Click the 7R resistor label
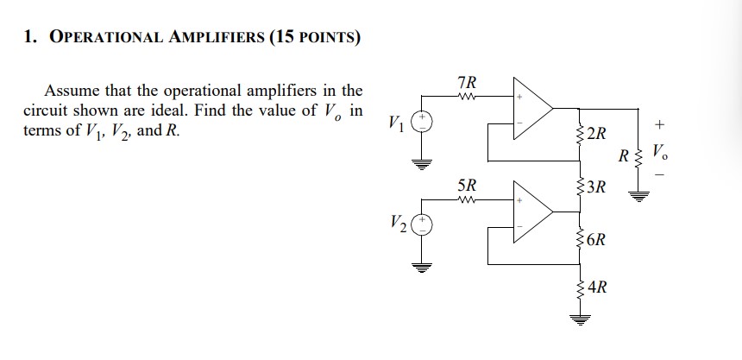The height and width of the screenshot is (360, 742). click(x=466, y=84)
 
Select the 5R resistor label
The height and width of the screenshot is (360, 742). click(x=466, y=185)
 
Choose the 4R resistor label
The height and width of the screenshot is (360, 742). click(x=597, y=287)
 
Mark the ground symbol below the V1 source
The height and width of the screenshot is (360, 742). click(x=423, y=163)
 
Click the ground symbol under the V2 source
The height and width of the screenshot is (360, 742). click(x=423, y=265)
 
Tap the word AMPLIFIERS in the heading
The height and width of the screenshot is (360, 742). click(x=223, y=38)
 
